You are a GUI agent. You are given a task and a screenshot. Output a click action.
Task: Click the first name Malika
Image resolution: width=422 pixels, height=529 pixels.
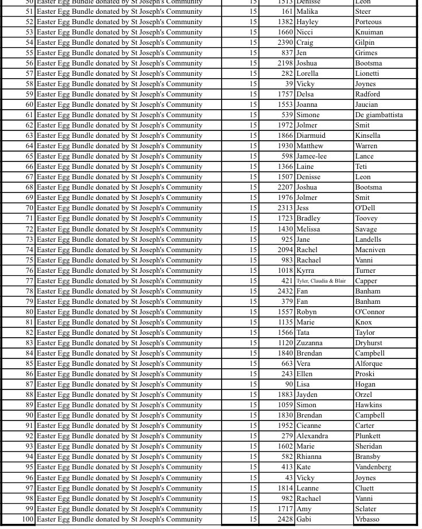[x=307, y=11]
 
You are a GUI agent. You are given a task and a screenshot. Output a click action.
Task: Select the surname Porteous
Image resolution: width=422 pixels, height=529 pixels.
[x=368, y=22]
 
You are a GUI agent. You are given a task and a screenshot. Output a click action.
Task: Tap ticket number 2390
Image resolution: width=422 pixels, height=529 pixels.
[x=285, y=43]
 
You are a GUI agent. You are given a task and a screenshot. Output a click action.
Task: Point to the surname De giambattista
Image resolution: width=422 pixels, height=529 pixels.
[x=379, y=115]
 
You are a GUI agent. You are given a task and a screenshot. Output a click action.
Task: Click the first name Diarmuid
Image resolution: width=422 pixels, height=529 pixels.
[x=311, y=136]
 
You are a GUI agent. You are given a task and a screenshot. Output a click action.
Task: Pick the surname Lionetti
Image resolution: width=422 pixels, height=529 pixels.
[x=367, y=74]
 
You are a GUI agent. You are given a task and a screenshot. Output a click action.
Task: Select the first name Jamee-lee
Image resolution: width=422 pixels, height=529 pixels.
[x=311, y=156]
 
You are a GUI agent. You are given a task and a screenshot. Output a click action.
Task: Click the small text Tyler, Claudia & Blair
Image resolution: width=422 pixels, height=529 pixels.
[x=321, y=281]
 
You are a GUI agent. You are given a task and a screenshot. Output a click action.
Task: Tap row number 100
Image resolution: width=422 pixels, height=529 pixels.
[x=28, y=519]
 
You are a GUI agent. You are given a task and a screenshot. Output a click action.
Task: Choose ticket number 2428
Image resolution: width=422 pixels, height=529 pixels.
[x=285, y=519]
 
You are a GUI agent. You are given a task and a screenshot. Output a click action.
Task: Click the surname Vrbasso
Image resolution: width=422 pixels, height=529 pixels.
[x=367, y=519]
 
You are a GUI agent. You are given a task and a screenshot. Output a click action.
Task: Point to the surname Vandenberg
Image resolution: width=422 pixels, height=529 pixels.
[x=373, y=467]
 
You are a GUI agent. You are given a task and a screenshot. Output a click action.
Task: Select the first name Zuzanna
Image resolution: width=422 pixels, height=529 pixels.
[x=309, y=343]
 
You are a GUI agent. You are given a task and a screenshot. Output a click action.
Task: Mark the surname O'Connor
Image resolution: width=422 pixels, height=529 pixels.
[x=370, y=312]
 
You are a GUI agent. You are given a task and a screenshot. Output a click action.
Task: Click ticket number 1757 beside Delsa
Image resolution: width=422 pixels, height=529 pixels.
[x=285, y=94]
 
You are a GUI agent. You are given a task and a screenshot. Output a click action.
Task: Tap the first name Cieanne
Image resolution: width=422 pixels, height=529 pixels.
[x=309, y=426]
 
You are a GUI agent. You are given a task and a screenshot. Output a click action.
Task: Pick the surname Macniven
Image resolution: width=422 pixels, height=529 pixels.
[x=370, y=250]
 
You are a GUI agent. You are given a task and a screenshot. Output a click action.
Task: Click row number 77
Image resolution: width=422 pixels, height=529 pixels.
[x=29, y=281]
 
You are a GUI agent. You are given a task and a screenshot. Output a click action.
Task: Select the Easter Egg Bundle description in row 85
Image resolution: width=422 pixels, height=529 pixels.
[x=119, y=364]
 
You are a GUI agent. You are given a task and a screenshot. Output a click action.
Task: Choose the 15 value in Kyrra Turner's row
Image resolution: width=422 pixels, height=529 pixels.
[x=253, y=271]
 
